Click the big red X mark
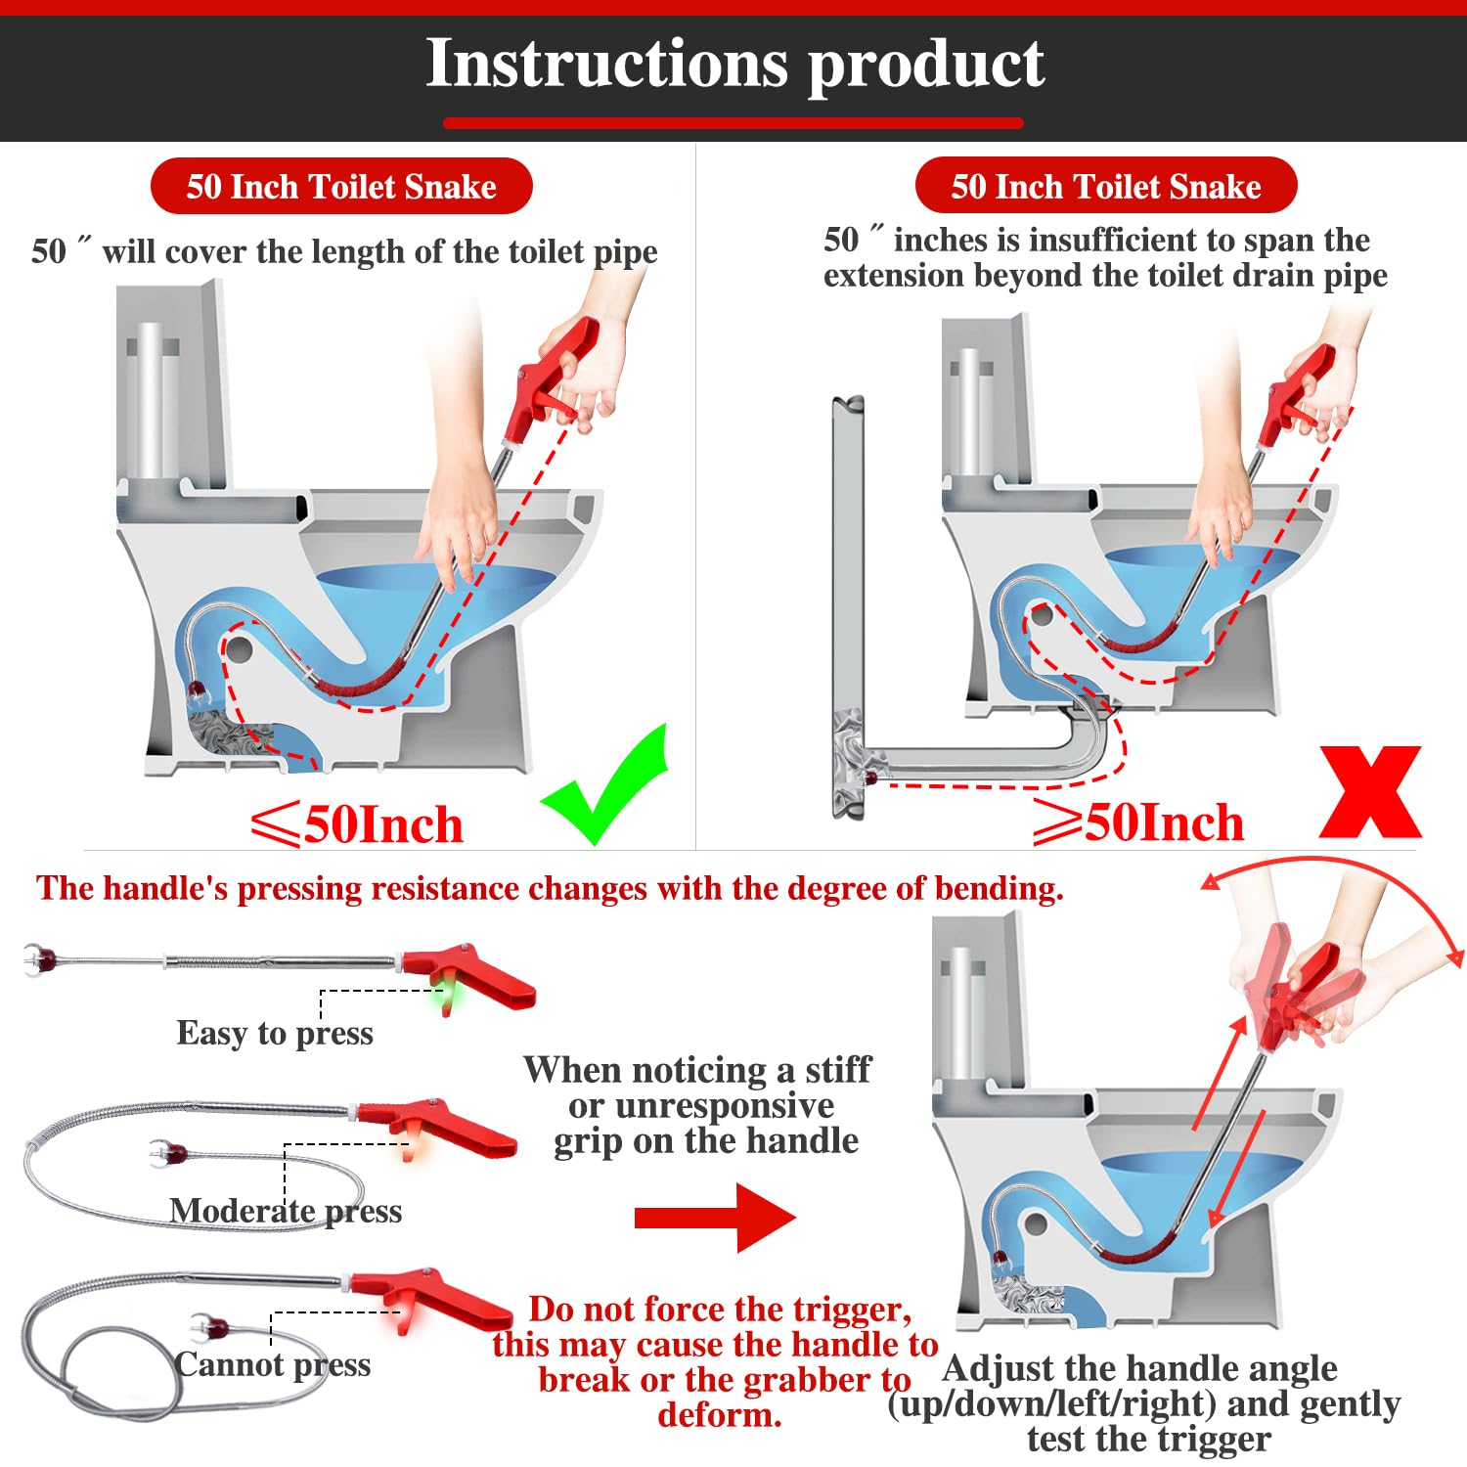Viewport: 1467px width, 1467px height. point(1370,792)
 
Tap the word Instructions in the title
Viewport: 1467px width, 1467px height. point(607,64)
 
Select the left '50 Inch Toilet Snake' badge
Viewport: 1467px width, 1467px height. point(341,186)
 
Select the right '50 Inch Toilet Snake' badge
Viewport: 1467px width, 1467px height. point(1106,185)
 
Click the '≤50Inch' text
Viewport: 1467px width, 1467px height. point(357,824)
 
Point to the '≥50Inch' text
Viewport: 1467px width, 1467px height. point(1138,822)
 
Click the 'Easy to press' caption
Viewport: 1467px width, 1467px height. point(275,1033)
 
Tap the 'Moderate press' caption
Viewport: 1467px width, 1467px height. point(286,1211)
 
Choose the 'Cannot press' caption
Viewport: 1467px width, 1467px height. point(273,1364)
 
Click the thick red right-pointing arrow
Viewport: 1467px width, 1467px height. point(715,1218)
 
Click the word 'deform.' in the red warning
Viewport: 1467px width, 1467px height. point(720,1415)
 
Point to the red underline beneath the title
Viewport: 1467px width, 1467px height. point(733,123)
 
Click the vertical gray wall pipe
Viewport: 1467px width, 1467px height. point(848,606)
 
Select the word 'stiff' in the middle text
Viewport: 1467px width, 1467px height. point(838,1070)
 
